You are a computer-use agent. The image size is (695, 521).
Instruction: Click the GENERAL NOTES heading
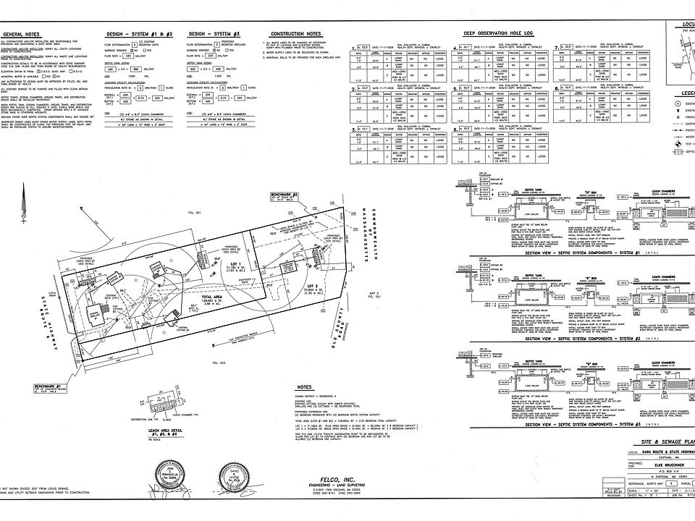pos(22,34)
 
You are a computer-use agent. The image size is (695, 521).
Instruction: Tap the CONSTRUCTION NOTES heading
pos(295,34)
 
